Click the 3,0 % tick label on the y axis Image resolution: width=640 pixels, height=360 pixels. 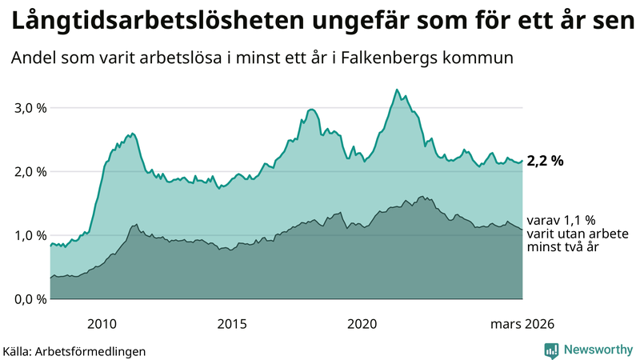point(29,108)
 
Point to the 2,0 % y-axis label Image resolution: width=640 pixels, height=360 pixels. point(29,172)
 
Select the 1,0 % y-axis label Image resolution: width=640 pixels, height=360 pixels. point(29,236)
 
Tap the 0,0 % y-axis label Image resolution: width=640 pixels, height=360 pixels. point(29,299)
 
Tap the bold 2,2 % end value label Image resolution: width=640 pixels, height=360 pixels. point(546,161)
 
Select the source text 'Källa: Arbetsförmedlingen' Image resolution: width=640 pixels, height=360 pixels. point(74,350)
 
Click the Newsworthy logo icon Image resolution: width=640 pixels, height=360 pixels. point(551,350)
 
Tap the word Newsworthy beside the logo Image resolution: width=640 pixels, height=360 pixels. point(598,350)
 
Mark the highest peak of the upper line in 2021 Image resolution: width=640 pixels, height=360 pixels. point(397,90)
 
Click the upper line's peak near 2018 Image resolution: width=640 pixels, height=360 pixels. point(311,109)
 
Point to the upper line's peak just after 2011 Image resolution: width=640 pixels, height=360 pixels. point(132,133)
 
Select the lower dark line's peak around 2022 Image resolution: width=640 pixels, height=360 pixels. point(422,196)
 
